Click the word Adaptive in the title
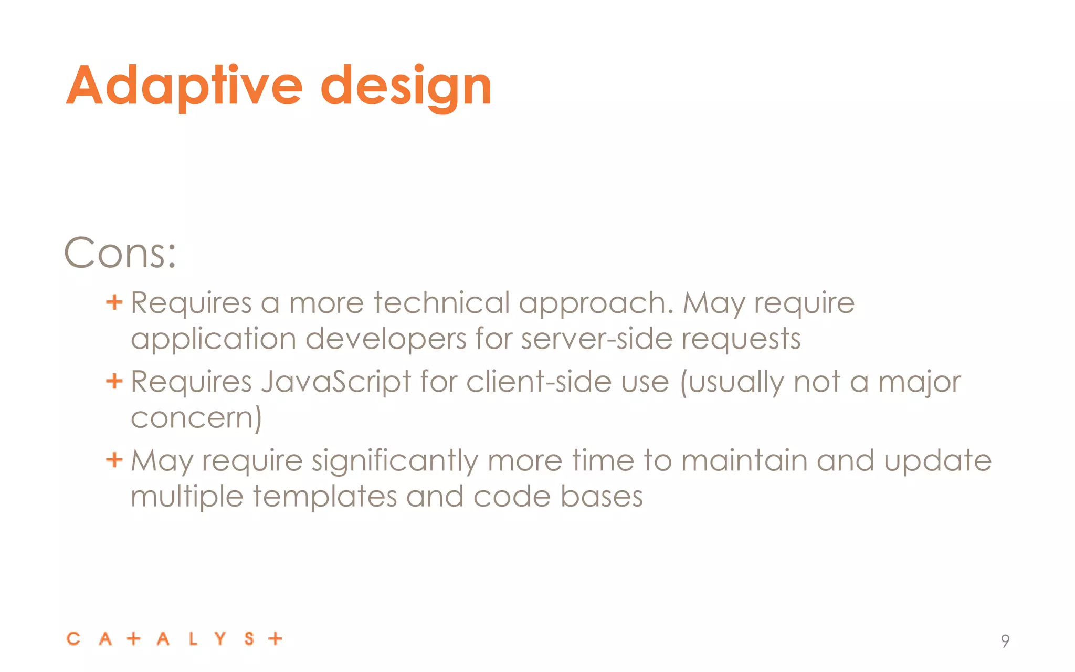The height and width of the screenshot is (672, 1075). [184, 86]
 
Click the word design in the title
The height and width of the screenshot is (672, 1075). [406, 86]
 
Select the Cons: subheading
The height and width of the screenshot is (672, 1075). [120, 254]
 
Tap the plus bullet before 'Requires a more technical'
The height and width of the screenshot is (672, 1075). [114, 302]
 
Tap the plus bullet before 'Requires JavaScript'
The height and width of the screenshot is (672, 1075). [114, 381]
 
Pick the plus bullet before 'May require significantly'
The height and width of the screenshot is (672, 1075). [114, 460]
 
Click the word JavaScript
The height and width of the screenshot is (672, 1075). [336, 382]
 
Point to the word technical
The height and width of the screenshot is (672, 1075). [441, 303]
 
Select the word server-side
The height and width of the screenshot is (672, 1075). [597, 339]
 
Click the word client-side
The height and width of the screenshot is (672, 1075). [539, 382]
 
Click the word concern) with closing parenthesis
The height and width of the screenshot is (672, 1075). [196, 418]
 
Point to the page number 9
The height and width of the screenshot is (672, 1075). [1005, 641]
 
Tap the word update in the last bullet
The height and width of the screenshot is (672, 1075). [937, 461]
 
